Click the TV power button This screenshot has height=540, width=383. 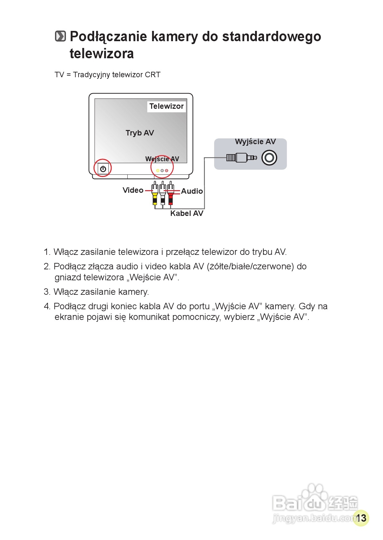click(103, 169)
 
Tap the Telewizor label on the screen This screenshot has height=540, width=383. click(166, 106)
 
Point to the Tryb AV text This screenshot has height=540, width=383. click(140, 133)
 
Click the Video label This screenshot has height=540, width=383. click(133, 190)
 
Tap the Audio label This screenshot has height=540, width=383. click(192, 191)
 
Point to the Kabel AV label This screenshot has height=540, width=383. click(187, 213)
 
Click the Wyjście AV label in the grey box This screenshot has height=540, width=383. click(255, 142)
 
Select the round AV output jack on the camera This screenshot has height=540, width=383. click(269, 158)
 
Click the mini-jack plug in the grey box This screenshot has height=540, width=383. click(241, 158)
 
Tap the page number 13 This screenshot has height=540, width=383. click(361, 518)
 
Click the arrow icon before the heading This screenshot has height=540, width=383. click(60, 36)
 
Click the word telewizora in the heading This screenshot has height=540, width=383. click(102, 53)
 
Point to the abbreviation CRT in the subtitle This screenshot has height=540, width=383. click(152, 75)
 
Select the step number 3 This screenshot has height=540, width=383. click(47, 292)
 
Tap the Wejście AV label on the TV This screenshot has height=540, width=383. click(162, 159)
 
